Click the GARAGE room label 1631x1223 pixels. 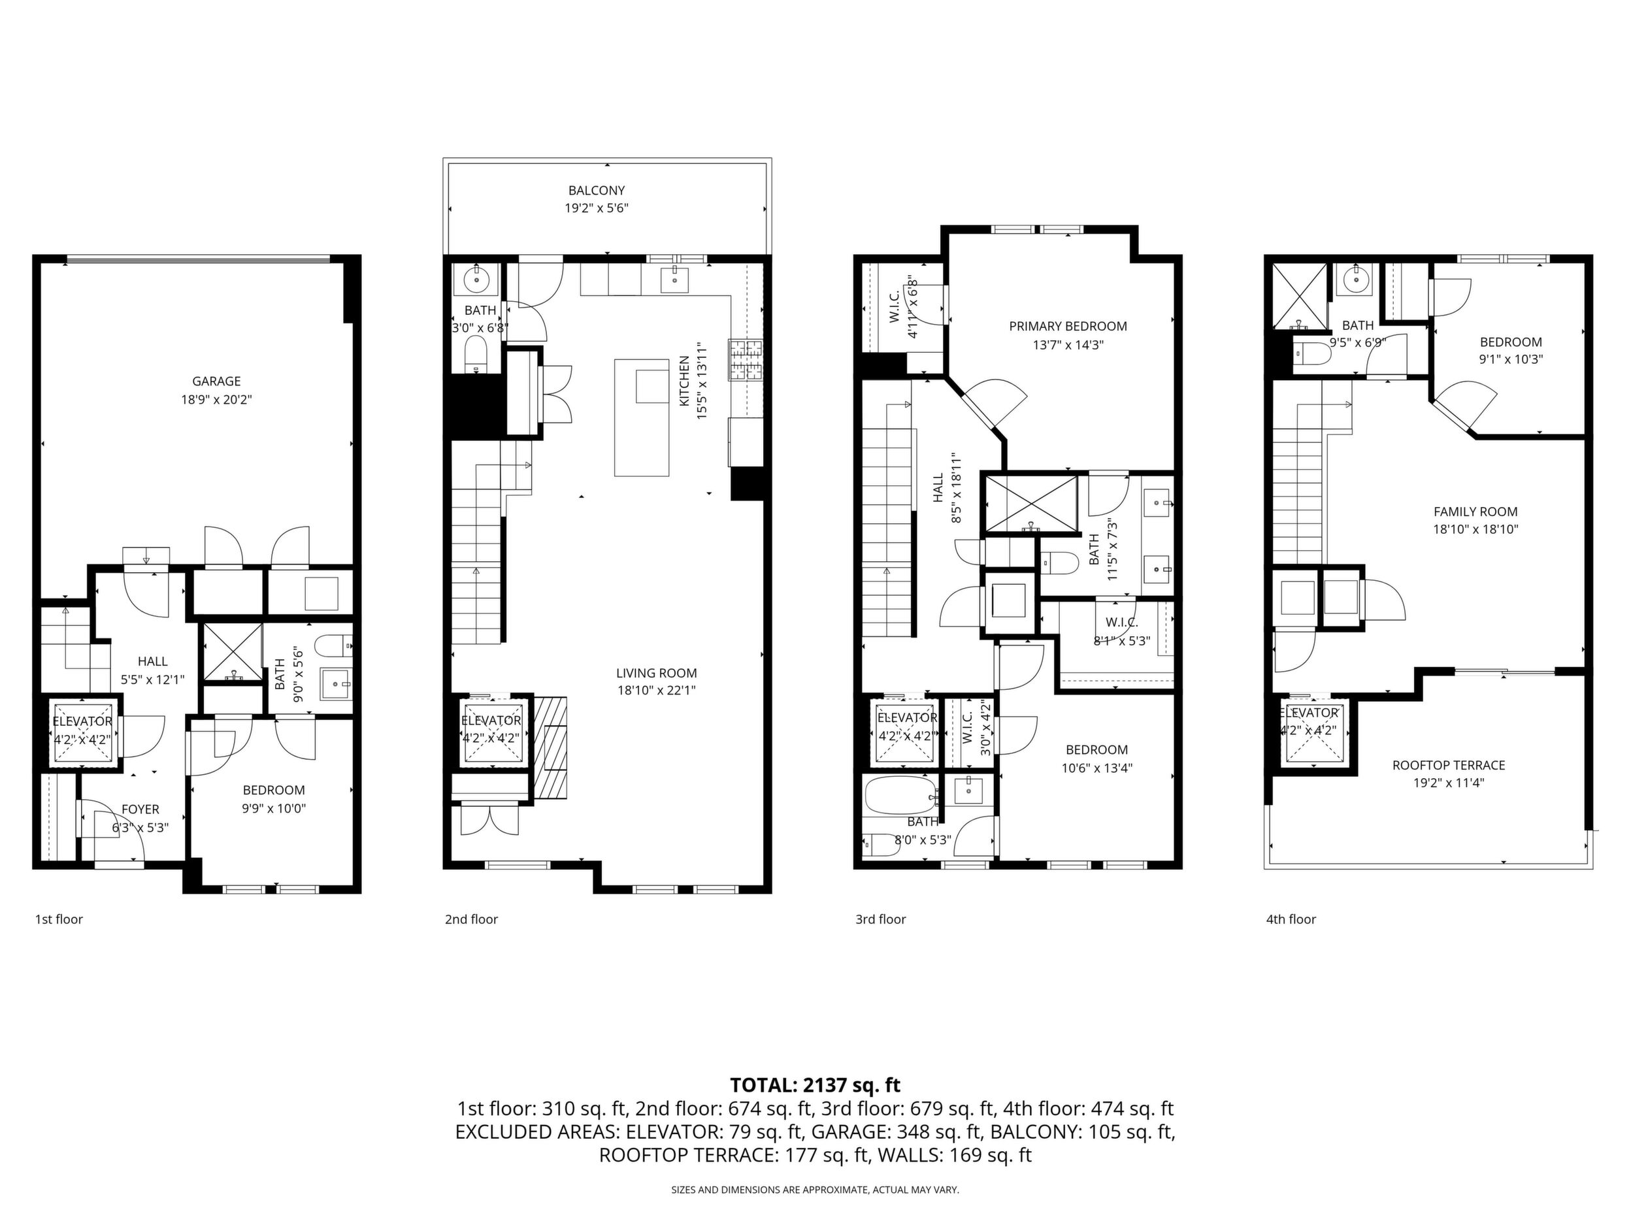(216, 381)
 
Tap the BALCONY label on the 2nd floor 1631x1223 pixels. (597, 190)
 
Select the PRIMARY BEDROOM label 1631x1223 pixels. (1068, 326)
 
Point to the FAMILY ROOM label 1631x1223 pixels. (1475, 512)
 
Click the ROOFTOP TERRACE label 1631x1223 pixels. (1449, 765)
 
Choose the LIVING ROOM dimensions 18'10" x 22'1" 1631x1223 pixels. (656, 691)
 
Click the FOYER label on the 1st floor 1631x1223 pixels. (140, 809)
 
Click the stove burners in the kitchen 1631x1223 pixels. (746, 360)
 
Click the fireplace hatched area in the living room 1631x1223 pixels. (552, 747)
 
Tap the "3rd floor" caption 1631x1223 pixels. (880, 919)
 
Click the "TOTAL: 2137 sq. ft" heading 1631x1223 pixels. (815, 1085)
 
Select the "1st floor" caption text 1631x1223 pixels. (59, 919)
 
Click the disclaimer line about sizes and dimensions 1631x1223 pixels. (815, 1190)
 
